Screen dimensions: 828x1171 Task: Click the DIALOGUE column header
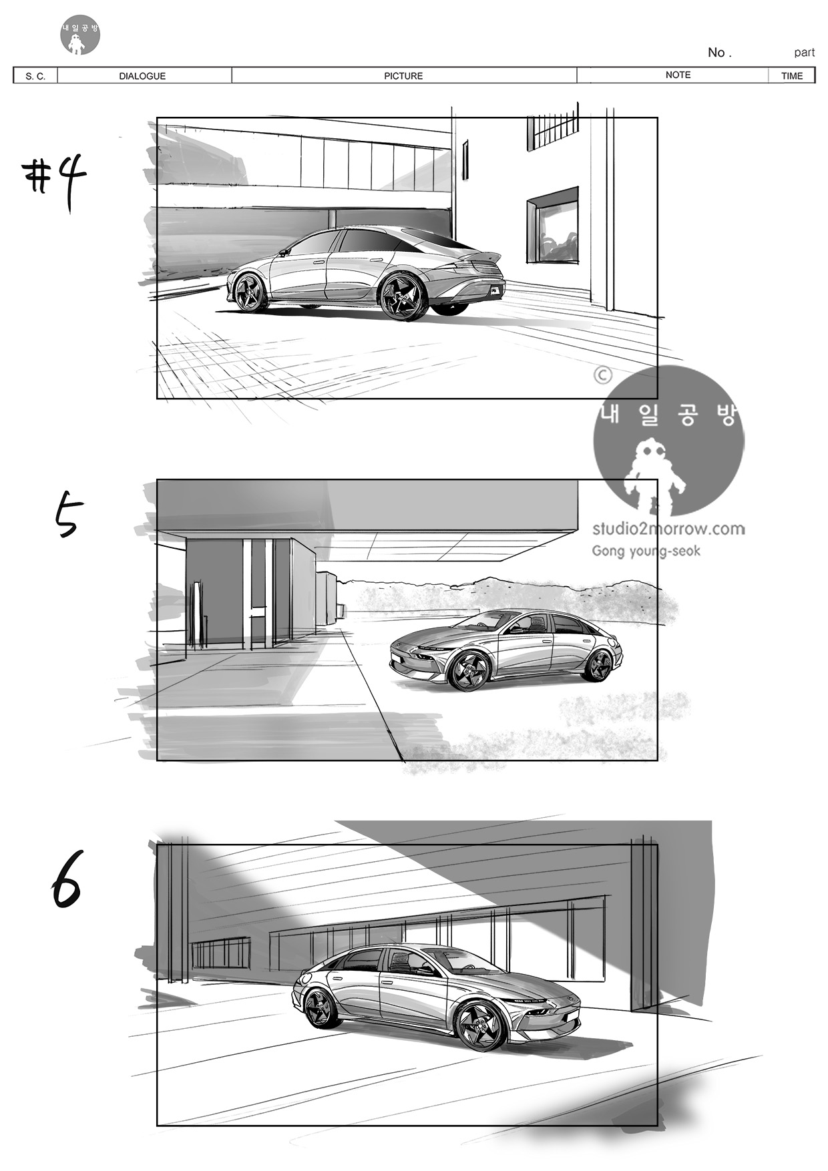pyautogui.click(x=142, y=76)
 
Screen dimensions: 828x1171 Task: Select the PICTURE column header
pyautogui.click(x=403, y=76)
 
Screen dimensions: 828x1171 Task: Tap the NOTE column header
pyautogui.click(x=678, y=75)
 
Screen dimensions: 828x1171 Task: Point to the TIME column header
pyautogui.click(x=792, y=76)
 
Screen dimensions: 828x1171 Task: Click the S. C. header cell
pyautogui.click(x=35, y=76)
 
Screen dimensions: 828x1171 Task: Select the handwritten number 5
pyautogui.click(x=69, y=514)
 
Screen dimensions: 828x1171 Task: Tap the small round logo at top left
pyautogui.click(x=80, y=35)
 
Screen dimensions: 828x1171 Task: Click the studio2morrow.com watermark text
pyautogui.click(x=668, y=529)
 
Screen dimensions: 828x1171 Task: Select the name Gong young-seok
pyautogui.click(x=646, y=551)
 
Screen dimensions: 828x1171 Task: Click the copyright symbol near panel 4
pyautogui.click(x=602, y=375)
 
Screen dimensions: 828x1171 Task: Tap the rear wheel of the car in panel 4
pyautogui.click(x=403, y=297)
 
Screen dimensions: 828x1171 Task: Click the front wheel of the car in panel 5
pyautogui.click(x=469, y=670)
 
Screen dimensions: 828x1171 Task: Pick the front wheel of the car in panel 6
pyautogui.click(x=480, y=1025)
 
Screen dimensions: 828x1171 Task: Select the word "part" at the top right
pyautogui.click(x=804, y=53)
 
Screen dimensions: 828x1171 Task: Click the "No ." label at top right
pyautogui.click(x=720, y=52)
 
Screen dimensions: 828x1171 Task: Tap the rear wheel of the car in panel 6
pyautogui.click(x=321, y=1008)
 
